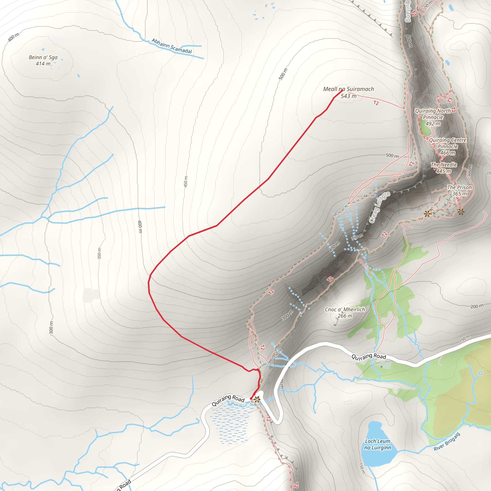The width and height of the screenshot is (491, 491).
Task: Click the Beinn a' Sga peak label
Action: [43, 60]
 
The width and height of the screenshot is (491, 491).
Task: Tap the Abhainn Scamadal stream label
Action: [172, 46]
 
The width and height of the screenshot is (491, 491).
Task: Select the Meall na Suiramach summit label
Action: [348, 92]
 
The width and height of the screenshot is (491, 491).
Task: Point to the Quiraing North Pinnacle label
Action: [433, 117]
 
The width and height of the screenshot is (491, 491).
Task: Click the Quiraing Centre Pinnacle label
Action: [448, 146]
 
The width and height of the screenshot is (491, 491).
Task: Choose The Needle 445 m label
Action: [444, 168]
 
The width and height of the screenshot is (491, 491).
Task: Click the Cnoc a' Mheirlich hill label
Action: [345, 313]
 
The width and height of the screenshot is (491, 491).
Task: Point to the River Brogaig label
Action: [447, 442]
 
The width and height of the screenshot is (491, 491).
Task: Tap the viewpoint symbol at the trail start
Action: [257, 399]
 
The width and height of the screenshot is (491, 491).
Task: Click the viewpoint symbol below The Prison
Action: [461, 211]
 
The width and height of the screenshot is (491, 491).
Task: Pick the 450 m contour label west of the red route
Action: [186, 182]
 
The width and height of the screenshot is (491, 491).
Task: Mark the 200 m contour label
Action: [477, 306]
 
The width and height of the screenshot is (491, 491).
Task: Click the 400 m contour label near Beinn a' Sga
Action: [13, 37]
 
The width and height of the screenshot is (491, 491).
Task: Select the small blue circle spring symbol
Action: [480, 373]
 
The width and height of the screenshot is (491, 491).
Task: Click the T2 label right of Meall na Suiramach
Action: [376, 103]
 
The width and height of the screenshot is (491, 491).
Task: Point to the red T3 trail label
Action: [450, 100]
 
